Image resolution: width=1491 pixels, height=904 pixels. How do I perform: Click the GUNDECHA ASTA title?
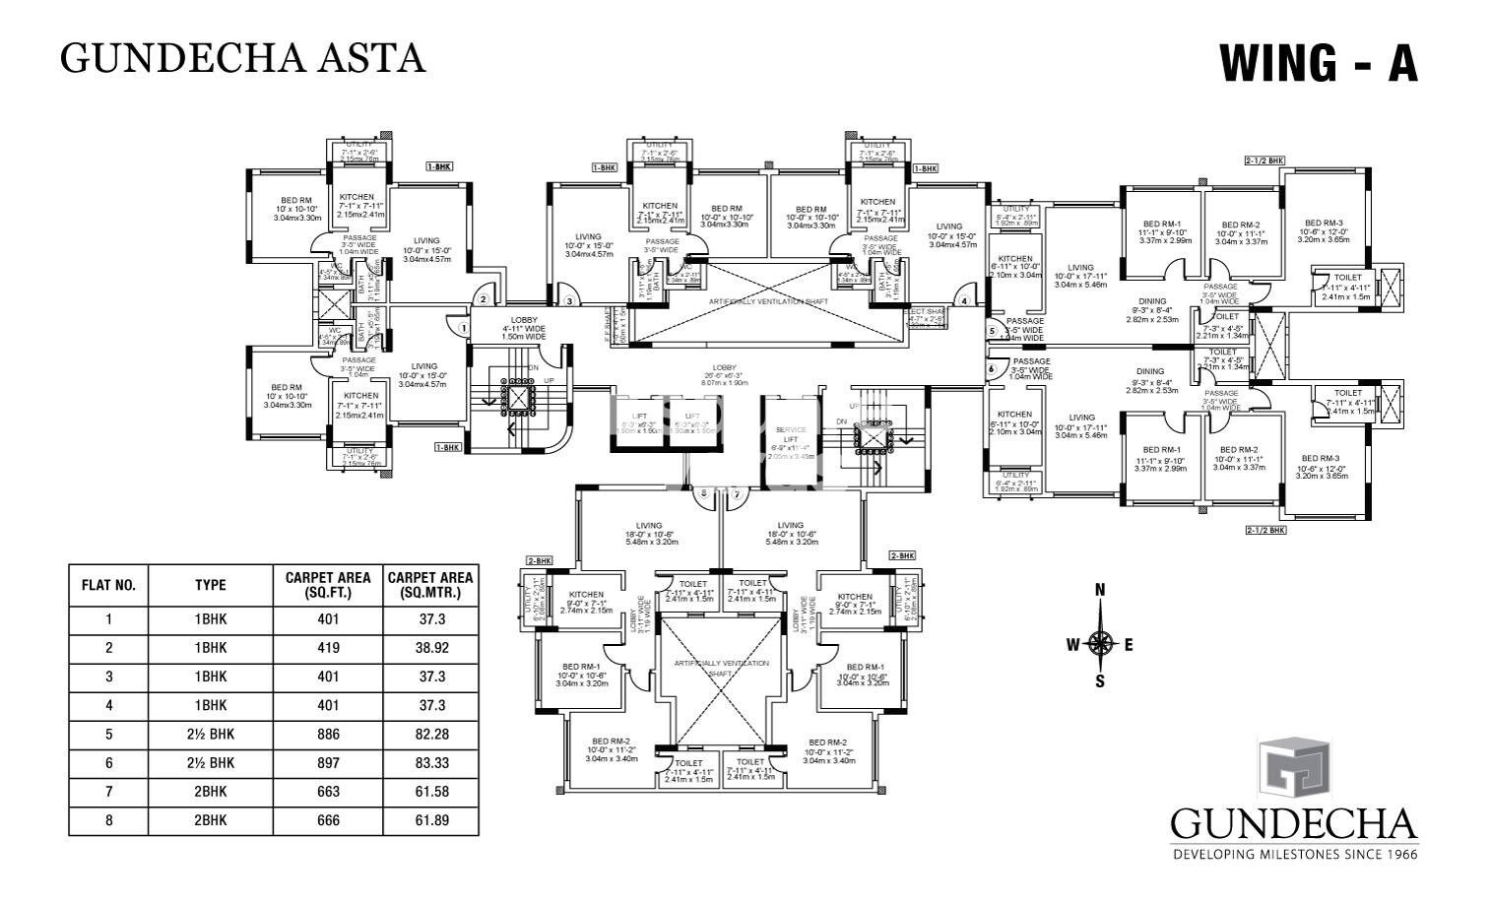coord(242,58)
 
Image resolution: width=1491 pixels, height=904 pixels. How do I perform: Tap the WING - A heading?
coord(1318,62)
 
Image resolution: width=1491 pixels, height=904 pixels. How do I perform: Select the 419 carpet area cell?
coord(328,648)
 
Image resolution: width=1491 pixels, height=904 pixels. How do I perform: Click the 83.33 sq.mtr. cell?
coord(430,763)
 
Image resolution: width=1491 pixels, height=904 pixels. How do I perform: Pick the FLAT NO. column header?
coord(108,585)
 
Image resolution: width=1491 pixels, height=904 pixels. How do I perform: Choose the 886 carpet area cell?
coord(328,735)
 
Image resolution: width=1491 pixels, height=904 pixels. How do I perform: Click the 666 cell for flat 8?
coord(328,820)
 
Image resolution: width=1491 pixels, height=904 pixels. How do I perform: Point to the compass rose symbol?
coord(1101,645)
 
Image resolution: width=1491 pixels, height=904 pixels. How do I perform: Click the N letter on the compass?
coord(1101,591)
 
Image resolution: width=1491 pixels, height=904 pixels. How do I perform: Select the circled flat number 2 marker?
coord(484,299)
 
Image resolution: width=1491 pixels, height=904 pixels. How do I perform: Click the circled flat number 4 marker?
coord(965,301)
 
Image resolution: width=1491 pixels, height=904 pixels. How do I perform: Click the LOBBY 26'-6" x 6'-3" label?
coord(727,375)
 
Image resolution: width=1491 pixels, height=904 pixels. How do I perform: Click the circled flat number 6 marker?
coord(992,368)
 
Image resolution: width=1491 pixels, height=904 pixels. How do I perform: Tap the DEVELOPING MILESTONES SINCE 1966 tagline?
coord(1294,854)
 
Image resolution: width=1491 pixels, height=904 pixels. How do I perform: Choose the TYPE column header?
coord(210,585)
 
